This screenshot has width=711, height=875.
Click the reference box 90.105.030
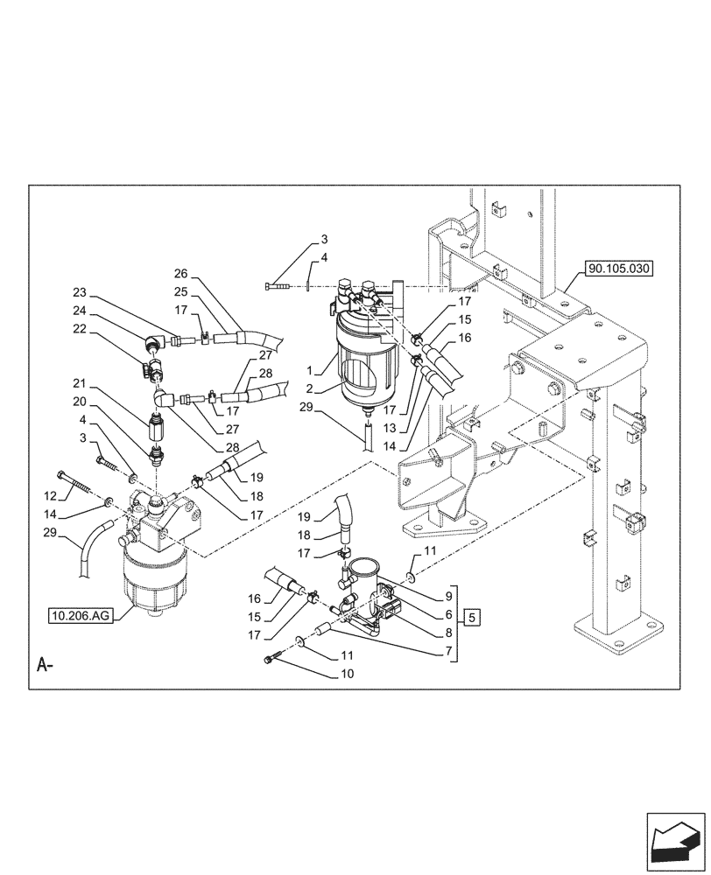click(619, 268)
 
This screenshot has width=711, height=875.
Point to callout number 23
click(80, 292)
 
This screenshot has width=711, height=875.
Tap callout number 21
click(80, 383)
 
